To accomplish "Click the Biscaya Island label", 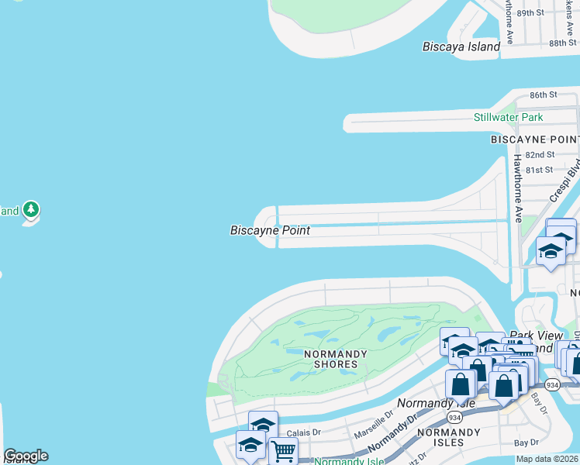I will point(461,46).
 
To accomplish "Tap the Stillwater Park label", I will point(508,117).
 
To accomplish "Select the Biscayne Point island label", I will point(270,230).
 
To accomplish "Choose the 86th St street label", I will point(544,95).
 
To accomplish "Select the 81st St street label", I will point(538,170).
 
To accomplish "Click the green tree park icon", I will point(31,209).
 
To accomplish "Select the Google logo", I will point(26,456).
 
